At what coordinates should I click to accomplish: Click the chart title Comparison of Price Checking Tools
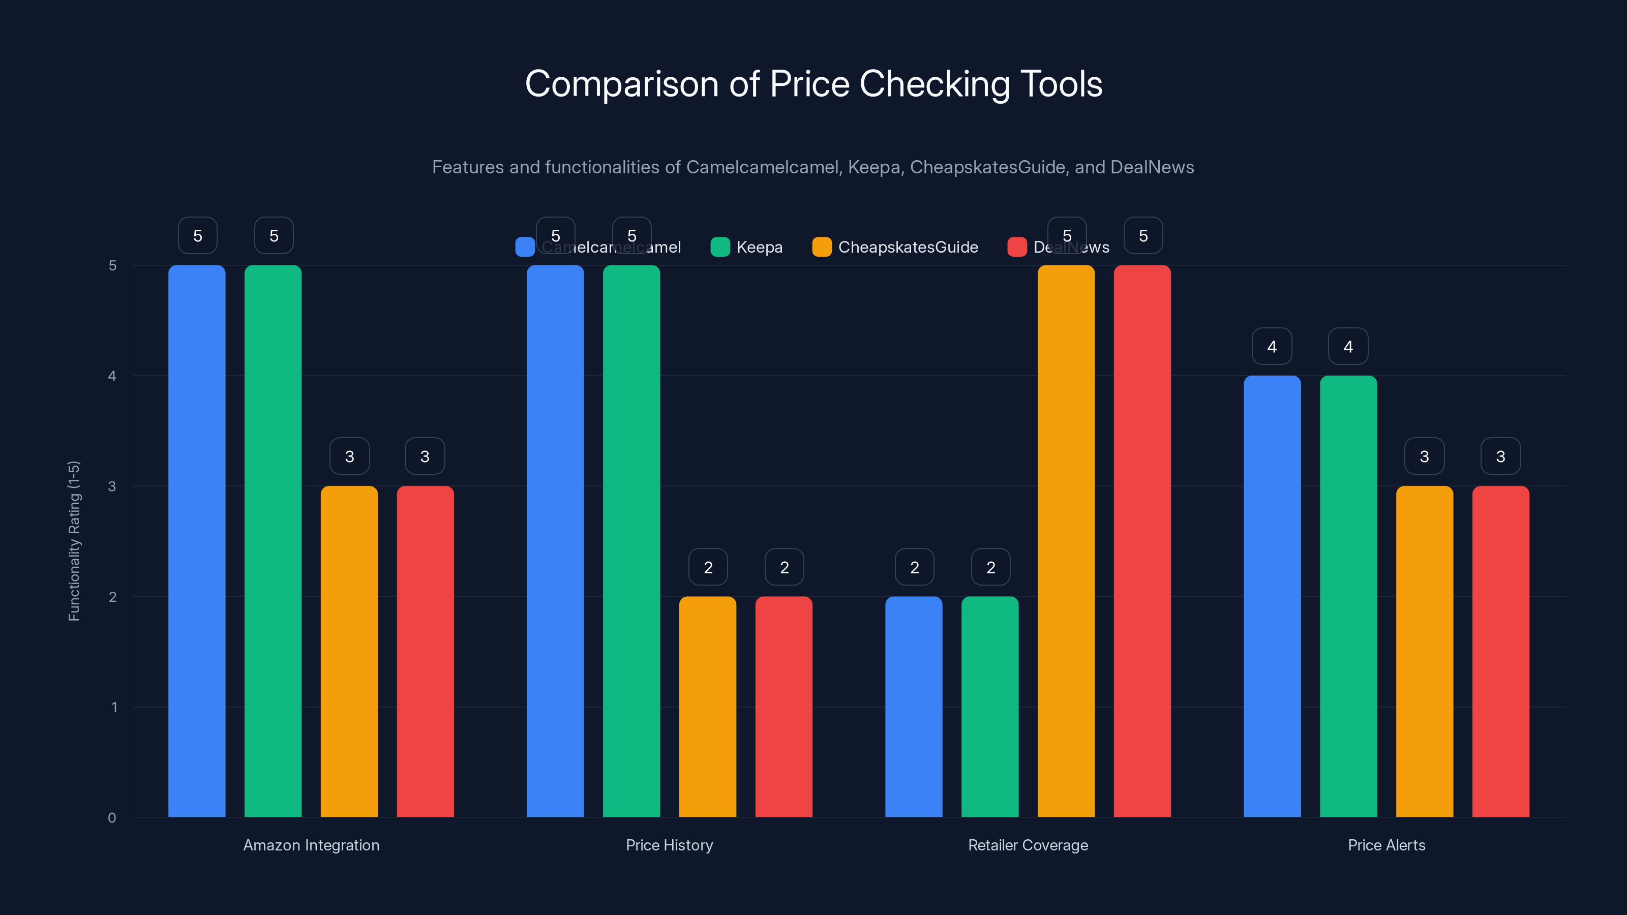813,84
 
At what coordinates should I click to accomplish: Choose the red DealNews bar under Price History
784,707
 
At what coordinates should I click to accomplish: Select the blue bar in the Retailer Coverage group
914,707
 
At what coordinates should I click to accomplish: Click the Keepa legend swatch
720,247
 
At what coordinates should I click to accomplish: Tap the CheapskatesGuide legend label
908,247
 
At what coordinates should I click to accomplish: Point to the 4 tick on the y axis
112,376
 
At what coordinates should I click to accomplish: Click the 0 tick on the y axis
112,818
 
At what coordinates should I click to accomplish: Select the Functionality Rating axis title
74,541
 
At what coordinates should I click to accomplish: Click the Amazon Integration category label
311,845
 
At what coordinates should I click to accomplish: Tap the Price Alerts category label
1387,845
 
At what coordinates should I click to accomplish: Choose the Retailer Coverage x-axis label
1028,845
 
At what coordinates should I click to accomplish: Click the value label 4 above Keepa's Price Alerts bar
1348,346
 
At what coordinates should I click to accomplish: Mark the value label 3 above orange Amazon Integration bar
349,456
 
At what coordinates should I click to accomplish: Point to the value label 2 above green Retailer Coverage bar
990,567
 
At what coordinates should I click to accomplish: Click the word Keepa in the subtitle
873,167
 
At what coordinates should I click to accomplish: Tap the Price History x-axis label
670,845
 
